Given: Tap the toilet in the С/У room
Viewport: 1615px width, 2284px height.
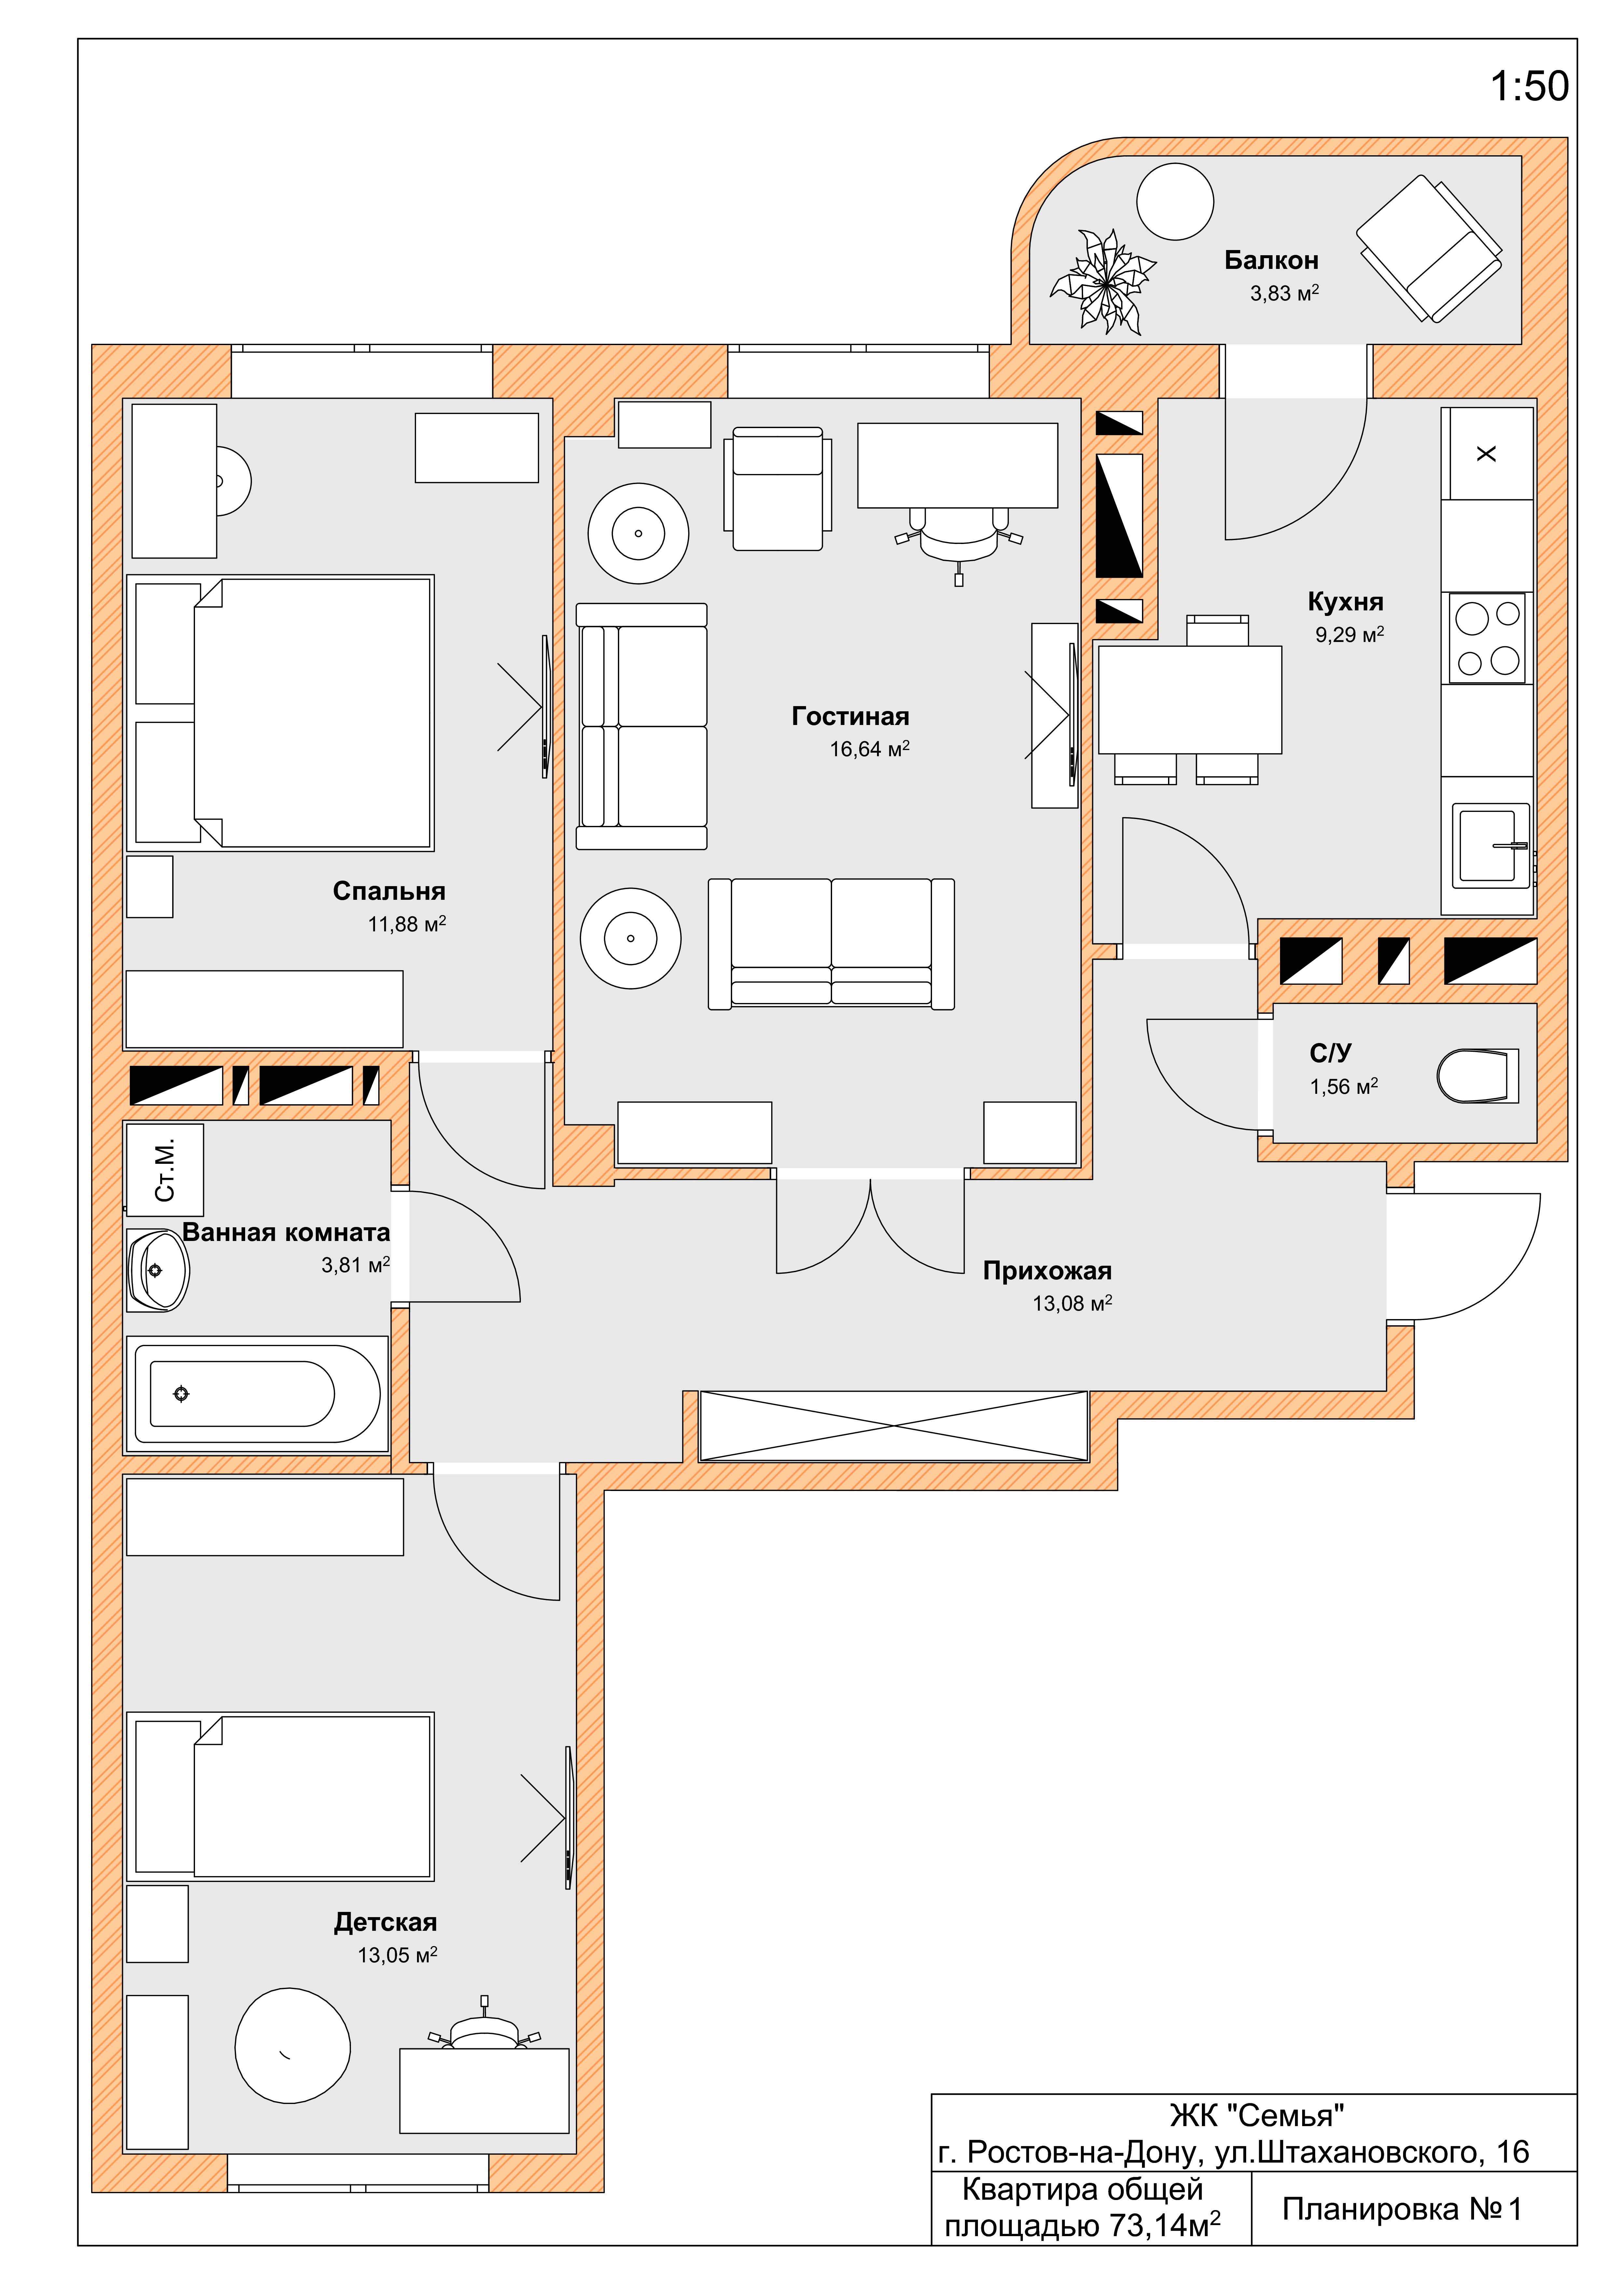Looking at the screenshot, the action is tap(1478, 1075).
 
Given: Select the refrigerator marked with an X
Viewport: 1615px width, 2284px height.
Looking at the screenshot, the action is tap(1487, 453).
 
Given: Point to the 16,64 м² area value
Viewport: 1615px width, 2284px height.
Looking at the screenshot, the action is tap(870, 749).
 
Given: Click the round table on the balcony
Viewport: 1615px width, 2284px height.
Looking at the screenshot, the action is tap(1175, 201).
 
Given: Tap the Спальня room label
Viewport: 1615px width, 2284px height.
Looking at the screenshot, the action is tap(389, 891).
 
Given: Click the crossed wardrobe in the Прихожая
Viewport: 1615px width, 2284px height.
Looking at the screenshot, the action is tap(894, 1426).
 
